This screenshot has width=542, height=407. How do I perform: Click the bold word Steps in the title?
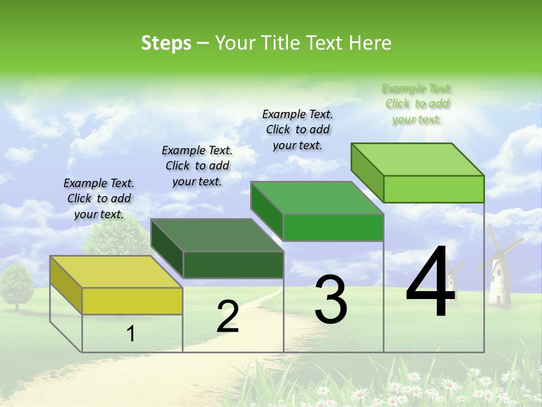(x=165, y=43)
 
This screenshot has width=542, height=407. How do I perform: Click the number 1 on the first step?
(x=131, y=334)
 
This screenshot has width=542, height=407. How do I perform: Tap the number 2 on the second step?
(x=228, y=317)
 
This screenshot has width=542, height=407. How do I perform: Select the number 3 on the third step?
(x=331, y=300)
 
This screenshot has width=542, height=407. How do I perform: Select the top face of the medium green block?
(x=316, y=198)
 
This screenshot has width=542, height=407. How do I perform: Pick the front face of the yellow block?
(x=132, y=301)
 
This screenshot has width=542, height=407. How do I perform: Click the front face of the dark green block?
(x=233, y=265)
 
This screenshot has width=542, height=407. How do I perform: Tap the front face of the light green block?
(x=434, y=189)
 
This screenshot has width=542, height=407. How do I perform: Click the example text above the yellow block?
(x=99, y=198)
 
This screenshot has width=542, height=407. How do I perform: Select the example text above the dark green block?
(x=197, y=166)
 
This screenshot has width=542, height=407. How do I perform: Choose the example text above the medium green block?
(x=298, y=129)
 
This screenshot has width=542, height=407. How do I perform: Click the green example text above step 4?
(x=417, y=103)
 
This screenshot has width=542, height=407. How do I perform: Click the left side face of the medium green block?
(x=266, y=210)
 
